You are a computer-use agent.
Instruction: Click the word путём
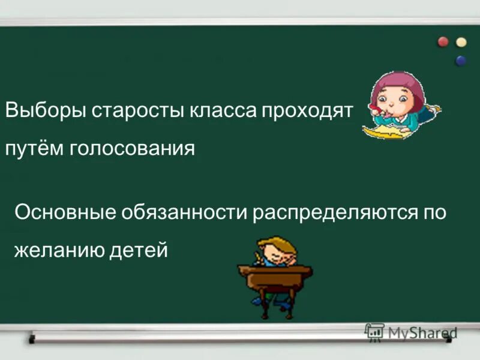[x=34, y=148]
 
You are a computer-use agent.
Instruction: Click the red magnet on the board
[x=443, y=41]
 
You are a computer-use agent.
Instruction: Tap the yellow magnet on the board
[x=461, y=42]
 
